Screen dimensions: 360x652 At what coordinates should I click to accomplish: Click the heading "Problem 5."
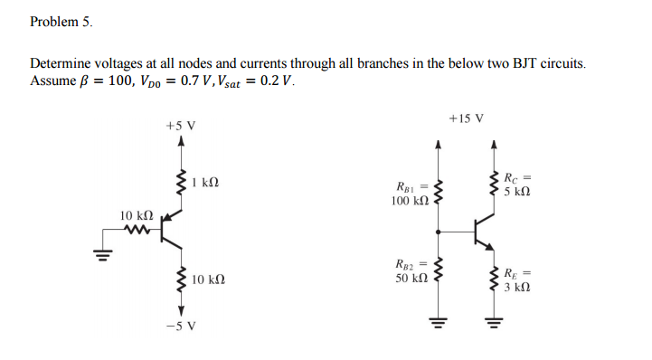click(61, 20)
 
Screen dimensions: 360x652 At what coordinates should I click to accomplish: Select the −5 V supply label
click(181, 327)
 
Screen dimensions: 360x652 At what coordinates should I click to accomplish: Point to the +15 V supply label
click(466, 118)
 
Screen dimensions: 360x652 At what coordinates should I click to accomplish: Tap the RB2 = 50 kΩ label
click(411, 271)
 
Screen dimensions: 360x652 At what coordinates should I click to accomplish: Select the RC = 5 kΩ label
click(516, 185)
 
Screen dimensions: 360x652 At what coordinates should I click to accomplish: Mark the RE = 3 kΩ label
click(516, 279)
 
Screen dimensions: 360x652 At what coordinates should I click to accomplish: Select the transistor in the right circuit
click(484, 232)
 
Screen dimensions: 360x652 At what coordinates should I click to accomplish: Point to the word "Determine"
click(60, 64)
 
